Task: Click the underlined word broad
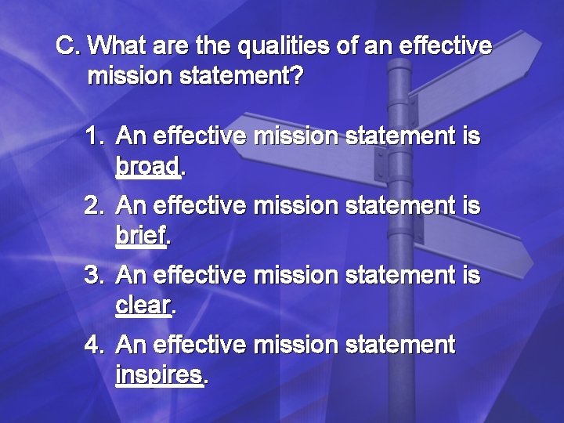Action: [147, 166]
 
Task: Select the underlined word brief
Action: [141, 235]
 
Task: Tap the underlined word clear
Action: [143, 305]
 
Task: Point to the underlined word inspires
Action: [159, 374]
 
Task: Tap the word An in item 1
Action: [132, 138]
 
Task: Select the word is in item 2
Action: [471, 207]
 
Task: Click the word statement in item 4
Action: [399, 345]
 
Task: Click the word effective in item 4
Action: [200, 345]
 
